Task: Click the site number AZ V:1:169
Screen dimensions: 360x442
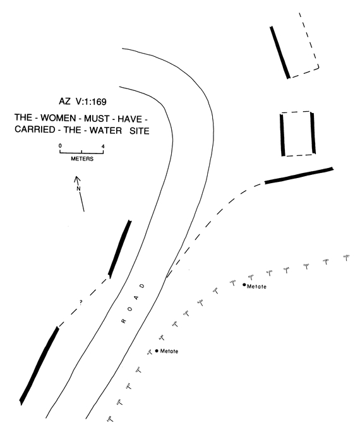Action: click(x=83, y=102)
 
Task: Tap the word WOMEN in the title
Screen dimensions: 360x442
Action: click(x=58, y=118)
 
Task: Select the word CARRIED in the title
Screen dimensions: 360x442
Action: click(x=35, y=129)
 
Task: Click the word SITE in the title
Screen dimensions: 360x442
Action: click(x=140, y=131)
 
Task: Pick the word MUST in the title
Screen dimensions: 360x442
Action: click(x=97, y=119)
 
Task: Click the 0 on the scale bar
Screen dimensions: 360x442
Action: click(x=60, y=146)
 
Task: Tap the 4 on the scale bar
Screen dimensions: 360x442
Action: click(x=103, y=146)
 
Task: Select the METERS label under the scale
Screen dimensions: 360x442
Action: click(x=82, y=158)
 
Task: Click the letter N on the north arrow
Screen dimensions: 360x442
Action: click(x=79, y=188)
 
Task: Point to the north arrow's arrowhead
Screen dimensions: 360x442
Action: click(x=76, y=177)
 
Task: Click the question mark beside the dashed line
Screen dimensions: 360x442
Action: click(x=81, y=302)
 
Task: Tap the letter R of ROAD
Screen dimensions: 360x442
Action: click(x=123, y=321)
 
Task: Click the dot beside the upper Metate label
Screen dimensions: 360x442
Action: click(x=244, y=285)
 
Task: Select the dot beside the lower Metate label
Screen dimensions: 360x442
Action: click(x=157, y=350)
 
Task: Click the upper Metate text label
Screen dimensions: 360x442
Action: click(x=256, y=287)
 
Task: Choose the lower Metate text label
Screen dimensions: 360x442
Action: click(x=169, y=351)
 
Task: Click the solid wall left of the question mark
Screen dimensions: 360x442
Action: click(x=39, y=366)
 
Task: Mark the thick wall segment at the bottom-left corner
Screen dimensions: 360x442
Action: click(x=39, y=366)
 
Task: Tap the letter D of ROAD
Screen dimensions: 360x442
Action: click(x=143, y=286)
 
